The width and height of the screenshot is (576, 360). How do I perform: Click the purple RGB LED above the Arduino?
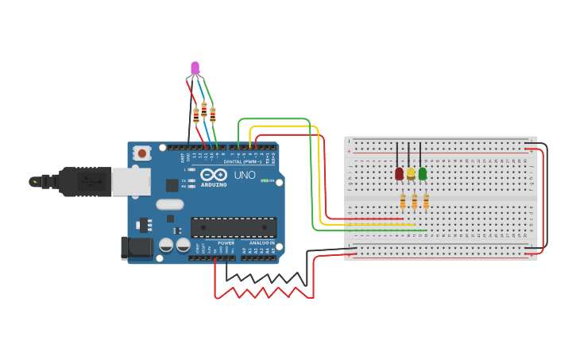coord(195,68)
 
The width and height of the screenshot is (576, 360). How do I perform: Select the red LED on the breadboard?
coord(399,173)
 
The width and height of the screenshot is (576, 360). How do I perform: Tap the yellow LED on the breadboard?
coord(411,173)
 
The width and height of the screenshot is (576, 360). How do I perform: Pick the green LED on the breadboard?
coord(423,173)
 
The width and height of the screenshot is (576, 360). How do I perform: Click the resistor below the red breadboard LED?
coord(403,202)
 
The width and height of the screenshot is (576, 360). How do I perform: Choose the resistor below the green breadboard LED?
coord(426,202)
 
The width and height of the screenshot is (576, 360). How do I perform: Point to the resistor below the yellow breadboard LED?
coord(414,202)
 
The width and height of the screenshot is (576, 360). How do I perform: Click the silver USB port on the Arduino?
coord(130,182)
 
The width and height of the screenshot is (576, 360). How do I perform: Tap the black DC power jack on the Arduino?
coord(137,247)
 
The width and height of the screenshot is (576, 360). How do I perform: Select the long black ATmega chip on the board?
coord(234,227)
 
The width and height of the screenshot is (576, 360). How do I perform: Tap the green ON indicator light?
coord(265,180)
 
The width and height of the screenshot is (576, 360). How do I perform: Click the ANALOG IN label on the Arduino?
coord(261,242)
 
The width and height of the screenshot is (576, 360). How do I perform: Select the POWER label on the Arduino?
coord(226,242)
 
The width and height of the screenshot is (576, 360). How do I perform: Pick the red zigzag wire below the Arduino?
coord(262,293)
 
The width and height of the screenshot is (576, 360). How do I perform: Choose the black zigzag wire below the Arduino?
coord(266,277)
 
